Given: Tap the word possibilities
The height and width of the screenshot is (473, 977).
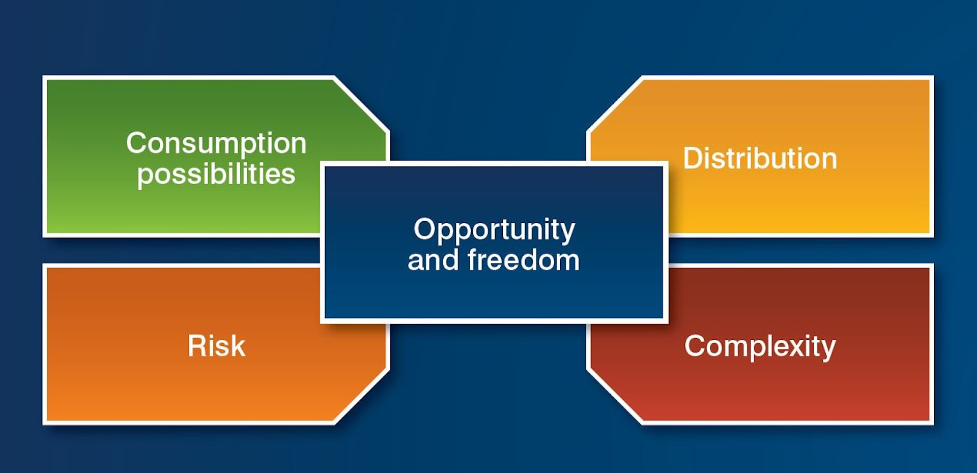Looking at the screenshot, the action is (216, 174).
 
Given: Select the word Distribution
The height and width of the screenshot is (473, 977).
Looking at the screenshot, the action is (760, 158).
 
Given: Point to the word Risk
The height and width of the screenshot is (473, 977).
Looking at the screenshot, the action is (217, 346).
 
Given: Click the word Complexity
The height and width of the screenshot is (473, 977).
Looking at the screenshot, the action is (760, 347).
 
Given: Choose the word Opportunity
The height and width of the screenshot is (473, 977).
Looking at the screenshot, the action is (494, 230).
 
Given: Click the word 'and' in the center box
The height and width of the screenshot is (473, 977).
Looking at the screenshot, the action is (433, 260).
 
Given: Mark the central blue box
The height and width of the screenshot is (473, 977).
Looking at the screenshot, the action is (494, 242).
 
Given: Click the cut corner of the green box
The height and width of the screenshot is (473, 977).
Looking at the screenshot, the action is (362, 104).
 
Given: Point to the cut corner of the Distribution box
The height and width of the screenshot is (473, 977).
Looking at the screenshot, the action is (614, 104).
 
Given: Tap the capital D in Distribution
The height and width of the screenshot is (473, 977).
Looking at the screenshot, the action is (693, 158).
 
